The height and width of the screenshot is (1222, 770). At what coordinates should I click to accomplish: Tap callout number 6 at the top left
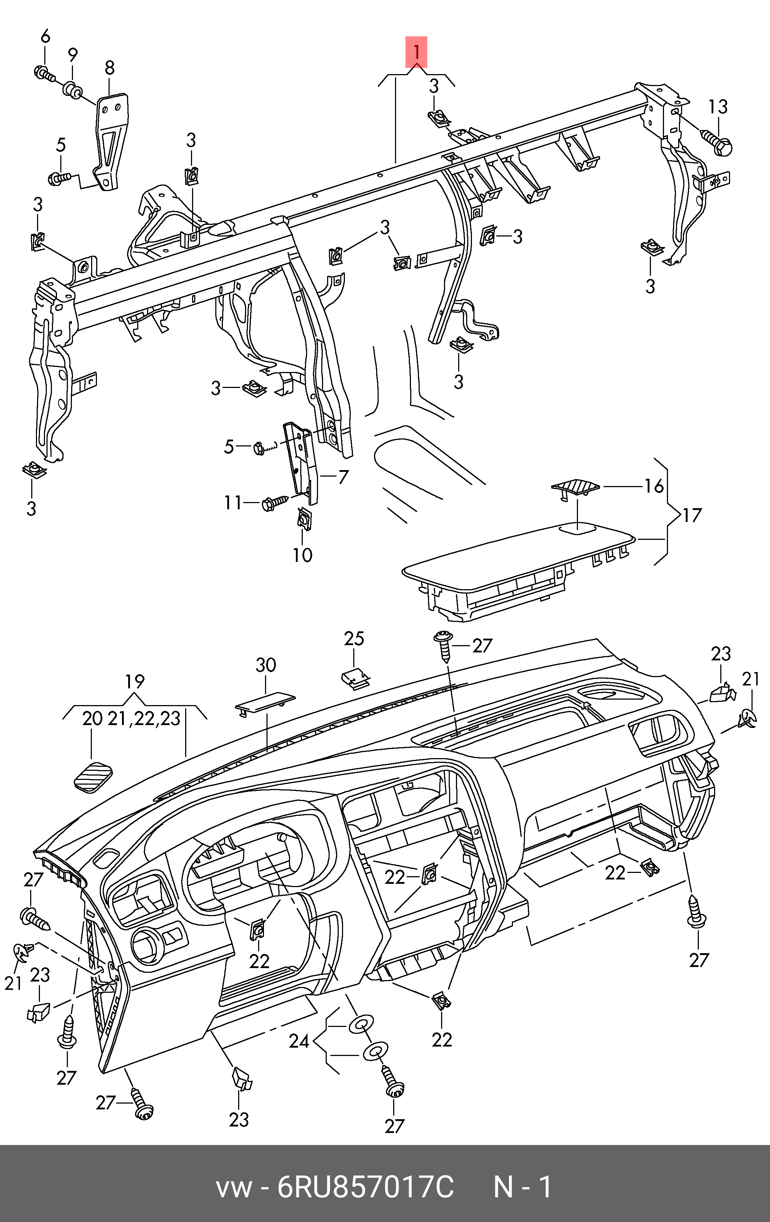pyautogui.click(x=45, y=37)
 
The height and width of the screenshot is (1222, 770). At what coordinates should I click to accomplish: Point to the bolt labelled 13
pyautogui.click(x=717, y=142)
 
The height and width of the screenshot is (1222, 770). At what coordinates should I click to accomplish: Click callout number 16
pyautogui.click(x=654, y=486)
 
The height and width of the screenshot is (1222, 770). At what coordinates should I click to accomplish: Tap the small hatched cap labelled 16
pyautogui.click(x=575, y=486)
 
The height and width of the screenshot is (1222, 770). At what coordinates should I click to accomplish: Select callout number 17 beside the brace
pyautogui.click(x=692, y=515)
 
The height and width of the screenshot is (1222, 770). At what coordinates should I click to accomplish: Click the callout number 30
pyautogui.click(x=266, y=665)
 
